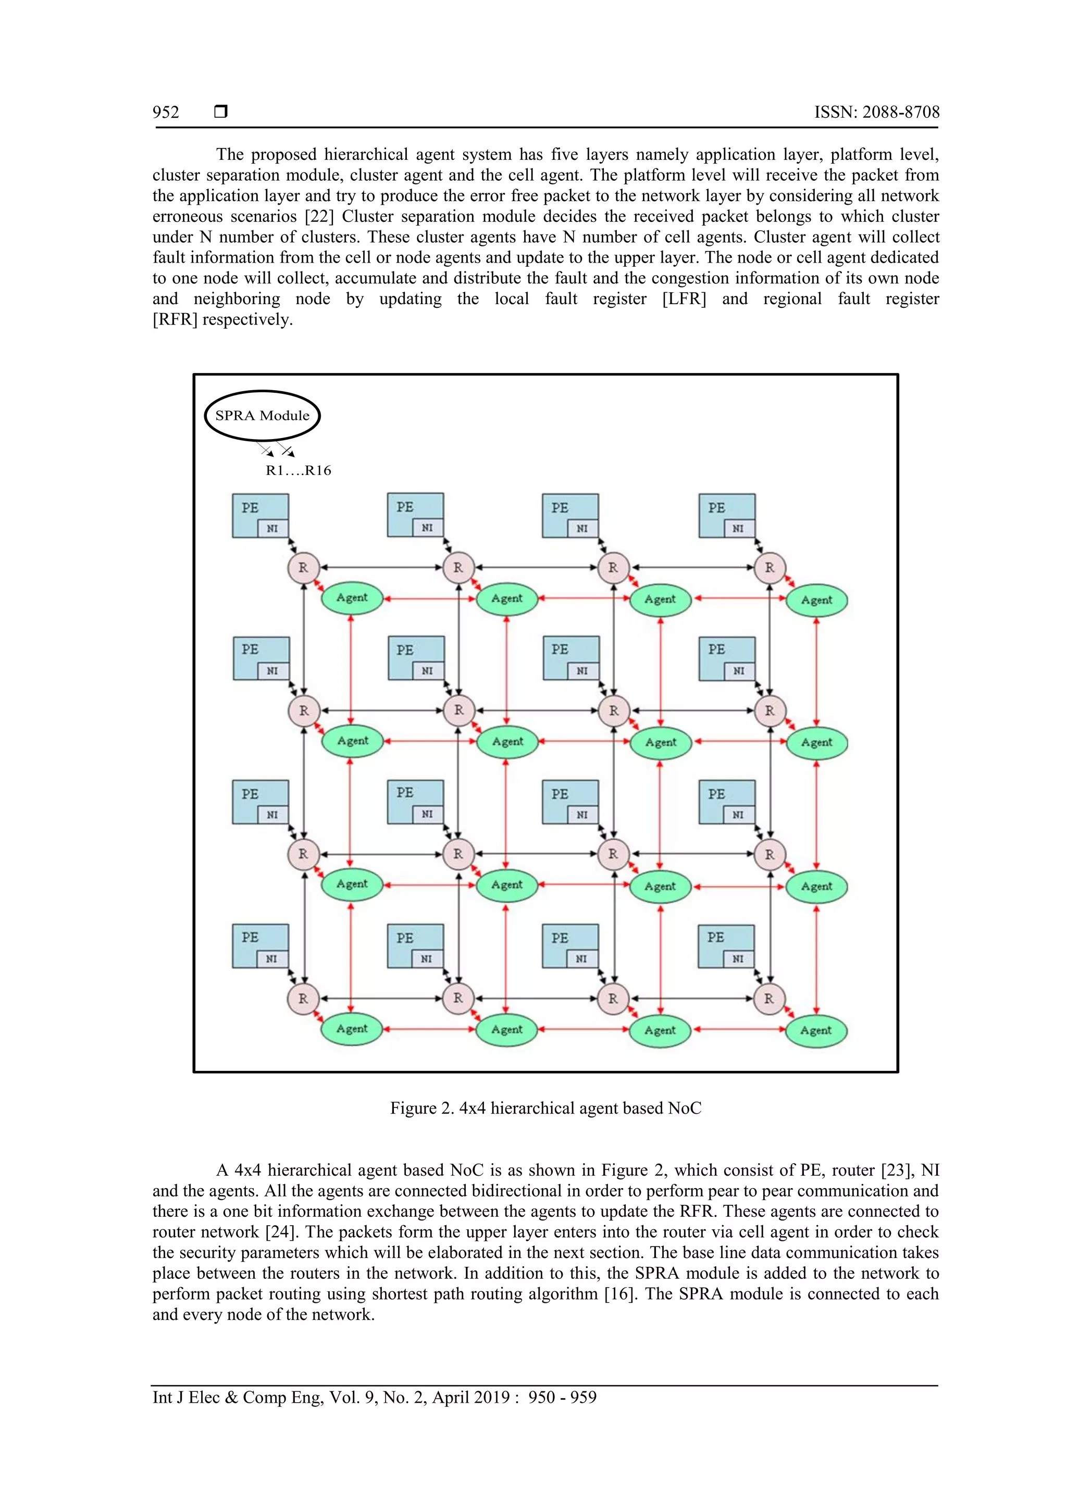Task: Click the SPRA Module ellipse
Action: [262, 415]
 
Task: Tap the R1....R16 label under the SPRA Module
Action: [298, 470]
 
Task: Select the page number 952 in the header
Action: [166, 113]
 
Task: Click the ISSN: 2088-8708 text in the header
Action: [876, 113]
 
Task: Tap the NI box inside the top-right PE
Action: [738, 528]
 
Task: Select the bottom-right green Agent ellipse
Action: [816, 1030]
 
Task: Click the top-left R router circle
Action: [303, 568]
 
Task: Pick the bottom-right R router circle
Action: [768, 999]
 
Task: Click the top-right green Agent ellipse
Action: [816, 600]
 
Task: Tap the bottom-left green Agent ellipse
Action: [352, 1029]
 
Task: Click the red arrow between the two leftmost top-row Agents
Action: [429, 598]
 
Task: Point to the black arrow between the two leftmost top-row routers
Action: [381, 567]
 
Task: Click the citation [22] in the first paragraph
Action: [319, 216]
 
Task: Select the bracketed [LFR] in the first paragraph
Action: [684, 299]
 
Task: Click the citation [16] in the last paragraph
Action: [621, 1294]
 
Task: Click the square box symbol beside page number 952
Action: [221, 111]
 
